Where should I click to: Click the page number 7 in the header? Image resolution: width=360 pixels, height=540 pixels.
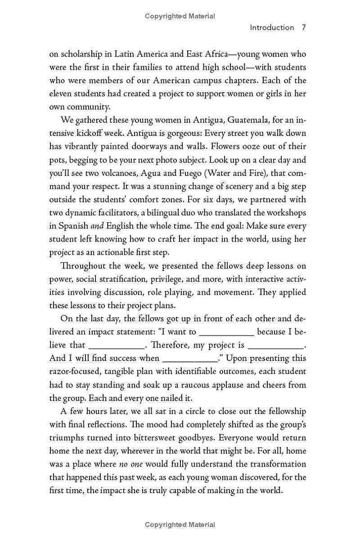click(304, 27)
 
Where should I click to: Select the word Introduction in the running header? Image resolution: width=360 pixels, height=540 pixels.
click(272, 27)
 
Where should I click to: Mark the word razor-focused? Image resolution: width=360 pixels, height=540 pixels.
click(76, 371)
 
